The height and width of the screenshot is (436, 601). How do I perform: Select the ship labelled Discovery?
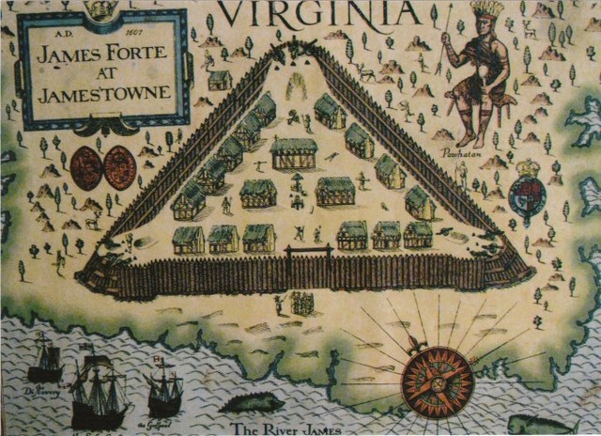click(x=44, y=361)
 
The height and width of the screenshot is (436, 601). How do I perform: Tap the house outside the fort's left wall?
click(x=220, y=80)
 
